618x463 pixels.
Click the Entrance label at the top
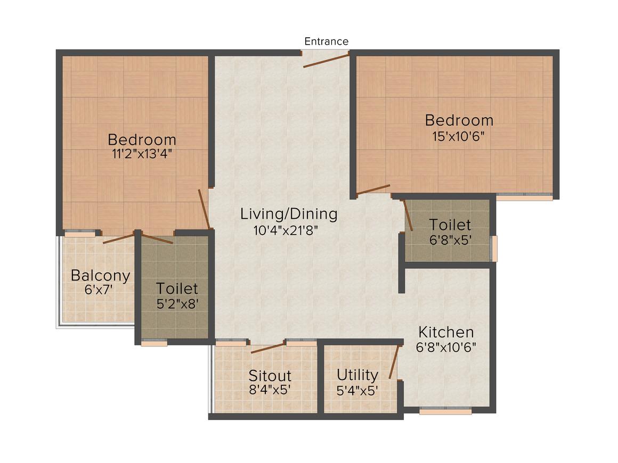tap(326, 42)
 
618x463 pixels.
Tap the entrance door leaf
tap(326, 60)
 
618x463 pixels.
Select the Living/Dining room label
tap(289, 214)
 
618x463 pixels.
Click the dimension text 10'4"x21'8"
tap(289, 230)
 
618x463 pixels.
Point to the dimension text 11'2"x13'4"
tap(142, 155)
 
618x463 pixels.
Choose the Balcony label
tap(100, 276)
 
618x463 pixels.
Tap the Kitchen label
tap(446, 333)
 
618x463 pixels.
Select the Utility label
tap(357, 375)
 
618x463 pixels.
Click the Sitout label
tap(270, 375)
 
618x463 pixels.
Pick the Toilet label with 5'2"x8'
tap(177, 289)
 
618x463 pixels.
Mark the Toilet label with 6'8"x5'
tap(450, 224)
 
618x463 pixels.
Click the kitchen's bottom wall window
tap(445, 411)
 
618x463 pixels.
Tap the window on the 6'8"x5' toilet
tap(494, 249)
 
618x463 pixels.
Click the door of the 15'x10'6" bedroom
tap(373, 189)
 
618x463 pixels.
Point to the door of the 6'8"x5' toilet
tap(408, 216)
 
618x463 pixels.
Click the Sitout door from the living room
tap(267, 348)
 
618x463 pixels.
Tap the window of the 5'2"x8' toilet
tap(154, 343)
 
